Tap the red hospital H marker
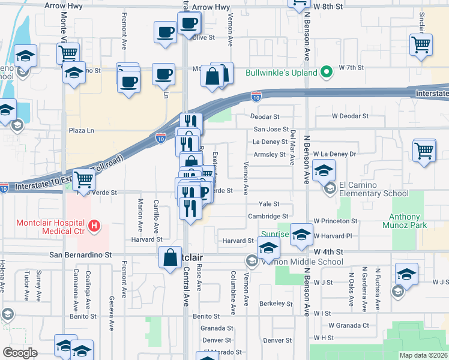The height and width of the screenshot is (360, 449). coord(94,226)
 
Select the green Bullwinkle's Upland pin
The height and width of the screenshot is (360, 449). coord(327,73)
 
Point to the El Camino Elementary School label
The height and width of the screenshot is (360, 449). coord(374,189)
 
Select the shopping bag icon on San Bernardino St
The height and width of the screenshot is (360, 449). coord(170,257)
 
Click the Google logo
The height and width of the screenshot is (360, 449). coord(20,353)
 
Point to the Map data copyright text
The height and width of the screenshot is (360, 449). coord(424,355)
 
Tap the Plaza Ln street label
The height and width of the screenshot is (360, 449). coord(82,130)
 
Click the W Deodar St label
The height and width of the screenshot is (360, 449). coord(350,116)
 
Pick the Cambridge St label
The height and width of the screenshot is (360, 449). coord(268,216)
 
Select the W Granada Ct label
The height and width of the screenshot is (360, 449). coord(349,325)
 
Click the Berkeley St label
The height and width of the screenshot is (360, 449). coord(276,304)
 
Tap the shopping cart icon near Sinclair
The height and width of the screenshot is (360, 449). coord(421,44)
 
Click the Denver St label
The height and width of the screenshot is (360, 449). coord(277,340)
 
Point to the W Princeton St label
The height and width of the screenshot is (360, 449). coord(335,221)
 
